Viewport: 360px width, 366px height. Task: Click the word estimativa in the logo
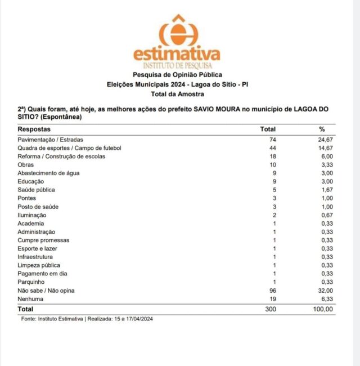pyautogui.click(x=177, y=54)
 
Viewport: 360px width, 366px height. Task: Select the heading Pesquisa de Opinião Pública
pyautogui.click(x=177, y=74)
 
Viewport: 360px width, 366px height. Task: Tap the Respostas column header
pyautogui.click(x=34, y=129)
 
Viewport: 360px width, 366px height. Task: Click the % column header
pyautogui.click(x=322, y=129)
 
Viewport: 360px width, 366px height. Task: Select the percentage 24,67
pyautogui.click(x=326, y=139)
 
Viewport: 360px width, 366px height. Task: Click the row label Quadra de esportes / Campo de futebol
pyautogui.click(x=70, y=148)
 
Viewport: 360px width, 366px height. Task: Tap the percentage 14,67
pyautogui.click(x=326, y=148)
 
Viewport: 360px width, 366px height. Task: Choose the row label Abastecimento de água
pyautogui.click(x=49, y=173)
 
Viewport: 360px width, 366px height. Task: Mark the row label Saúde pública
pyautogui.click(x=37, y=190)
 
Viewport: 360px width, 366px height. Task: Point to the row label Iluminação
pyautogui.click(x=32, y=215)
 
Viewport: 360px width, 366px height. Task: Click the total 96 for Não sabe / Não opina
pyautogui.click(x=273, y=291)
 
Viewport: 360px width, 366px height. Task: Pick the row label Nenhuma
pyautogui.click(x=31, y=299)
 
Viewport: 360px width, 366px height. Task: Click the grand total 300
pyautogui.click(x=271, y=309)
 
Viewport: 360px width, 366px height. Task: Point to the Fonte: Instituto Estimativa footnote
pyautogui.click(x=87, y=319)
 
